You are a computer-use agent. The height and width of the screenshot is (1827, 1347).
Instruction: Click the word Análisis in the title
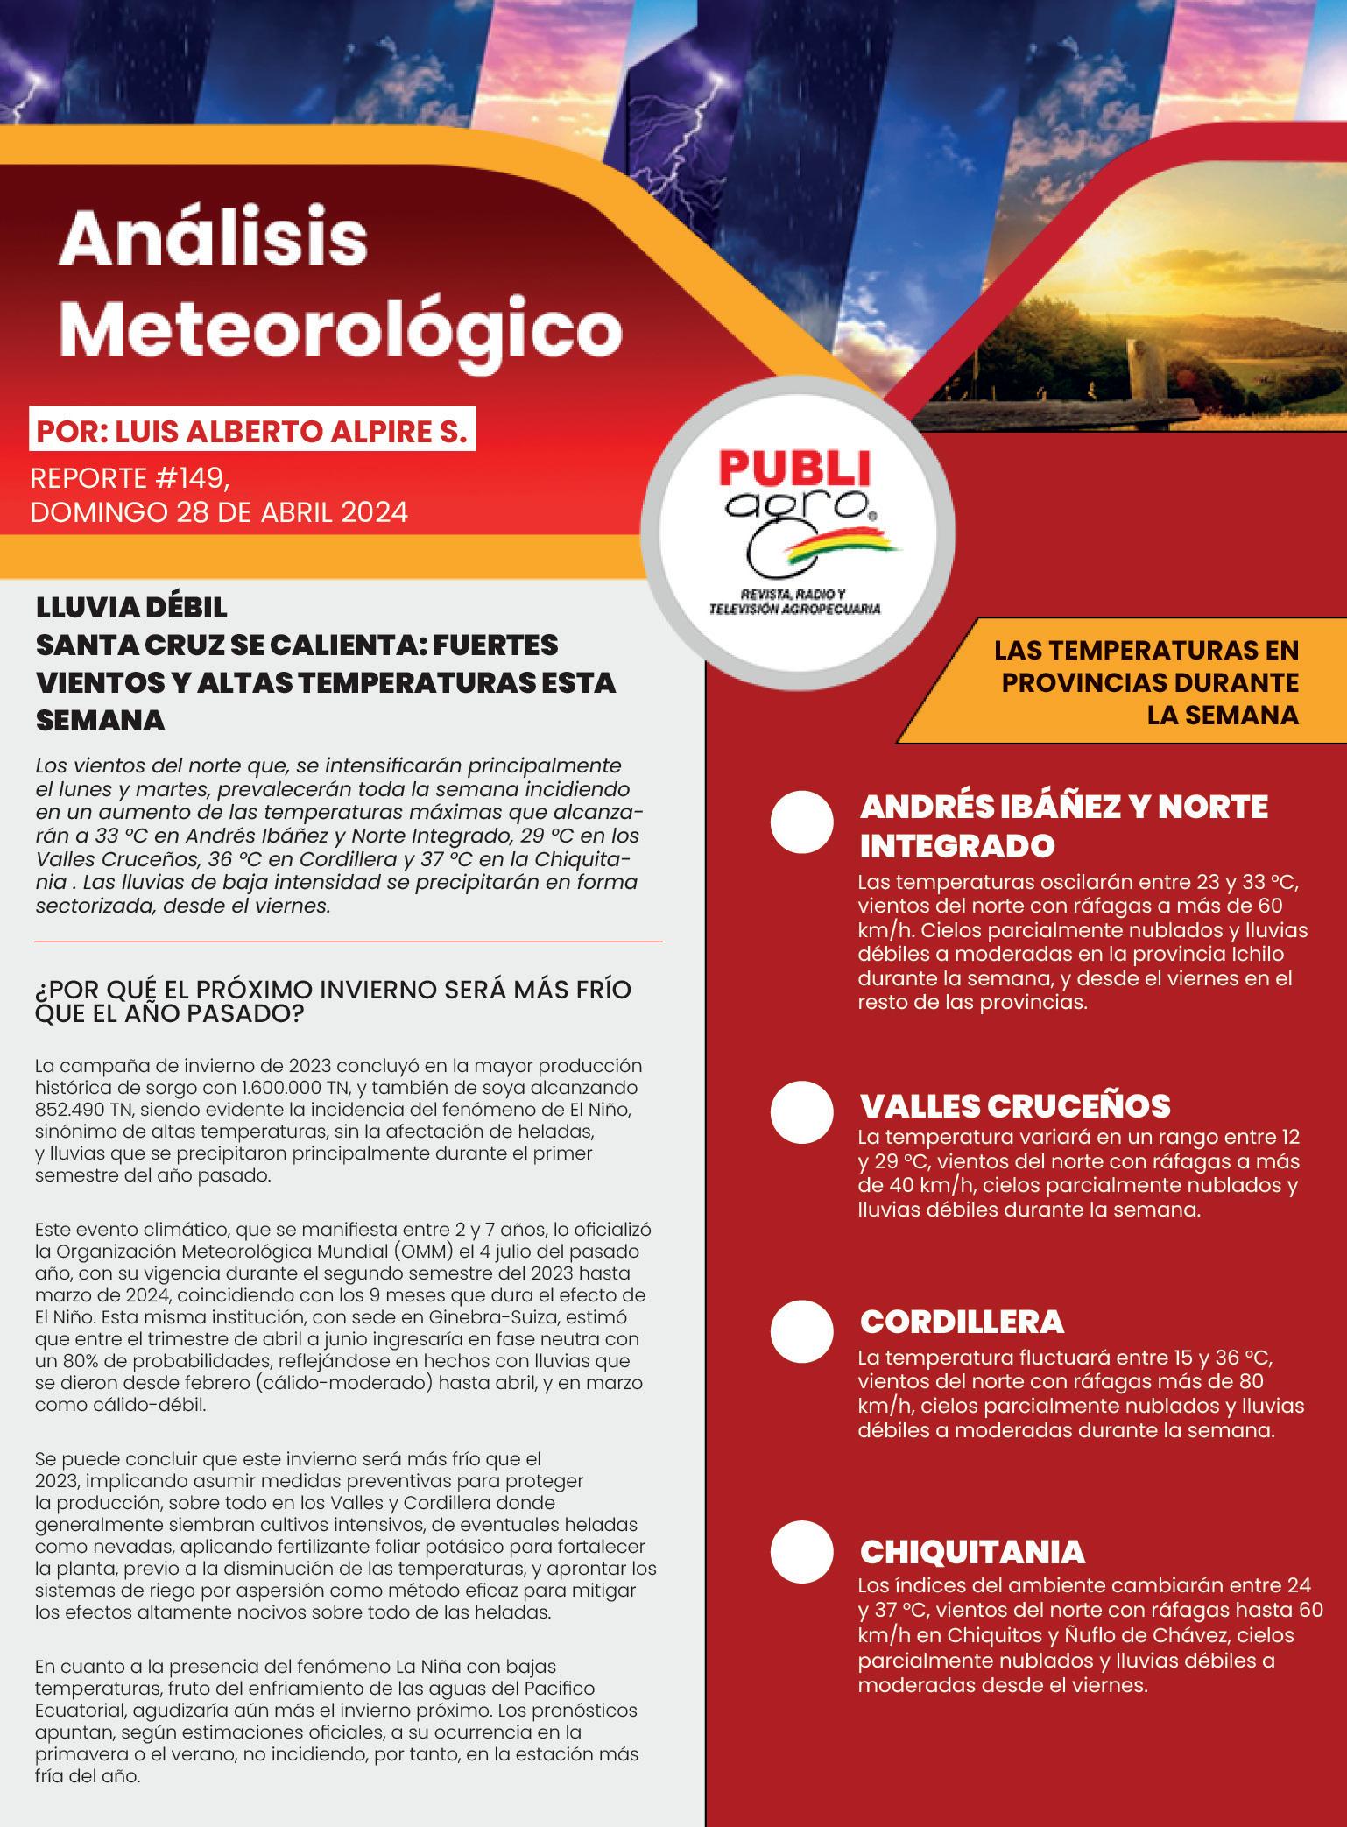(x=214, y=240)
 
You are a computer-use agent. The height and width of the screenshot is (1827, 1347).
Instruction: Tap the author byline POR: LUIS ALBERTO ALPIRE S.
(x=251, y=433)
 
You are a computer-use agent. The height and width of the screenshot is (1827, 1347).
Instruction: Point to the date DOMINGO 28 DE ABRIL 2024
(x=219, y=511)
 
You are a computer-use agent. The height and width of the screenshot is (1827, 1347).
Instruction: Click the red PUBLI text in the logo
(x=795, y=469)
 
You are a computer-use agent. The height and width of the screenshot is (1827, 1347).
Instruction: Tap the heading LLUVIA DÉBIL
(x=131, y=607)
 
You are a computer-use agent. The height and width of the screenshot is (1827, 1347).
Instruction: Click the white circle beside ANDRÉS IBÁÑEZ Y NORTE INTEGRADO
(x=801, y=822)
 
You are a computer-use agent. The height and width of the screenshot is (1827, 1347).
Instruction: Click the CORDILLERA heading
(x=962, y=1322)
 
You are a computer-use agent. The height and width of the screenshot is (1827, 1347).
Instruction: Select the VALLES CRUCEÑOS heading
(x=1015, y=1106)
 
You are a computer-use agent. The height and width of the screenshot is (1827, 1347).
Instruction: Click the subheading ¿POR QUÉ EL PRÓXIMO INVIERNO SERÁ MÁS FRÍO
(x=333, y=990)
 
